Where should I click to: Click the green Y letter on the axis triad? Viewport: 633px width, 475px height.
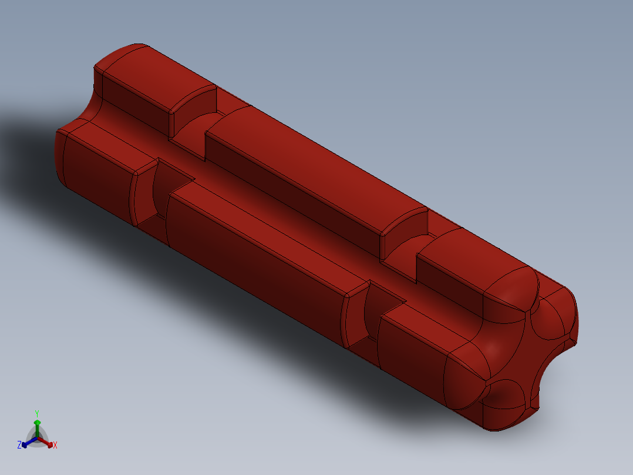[x=36, y=413]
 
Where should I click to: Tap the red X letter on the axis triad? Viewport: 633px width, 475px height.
[x=55, y=445]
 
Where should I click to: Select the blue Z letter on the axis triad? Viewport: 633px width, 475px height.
[x=19, y=445]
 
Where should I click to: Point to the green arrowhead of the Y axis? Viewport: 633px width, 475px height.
[x=37, y=422]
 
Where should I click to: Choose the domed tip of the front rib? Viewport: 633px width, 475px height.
[x=470, y=376]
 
